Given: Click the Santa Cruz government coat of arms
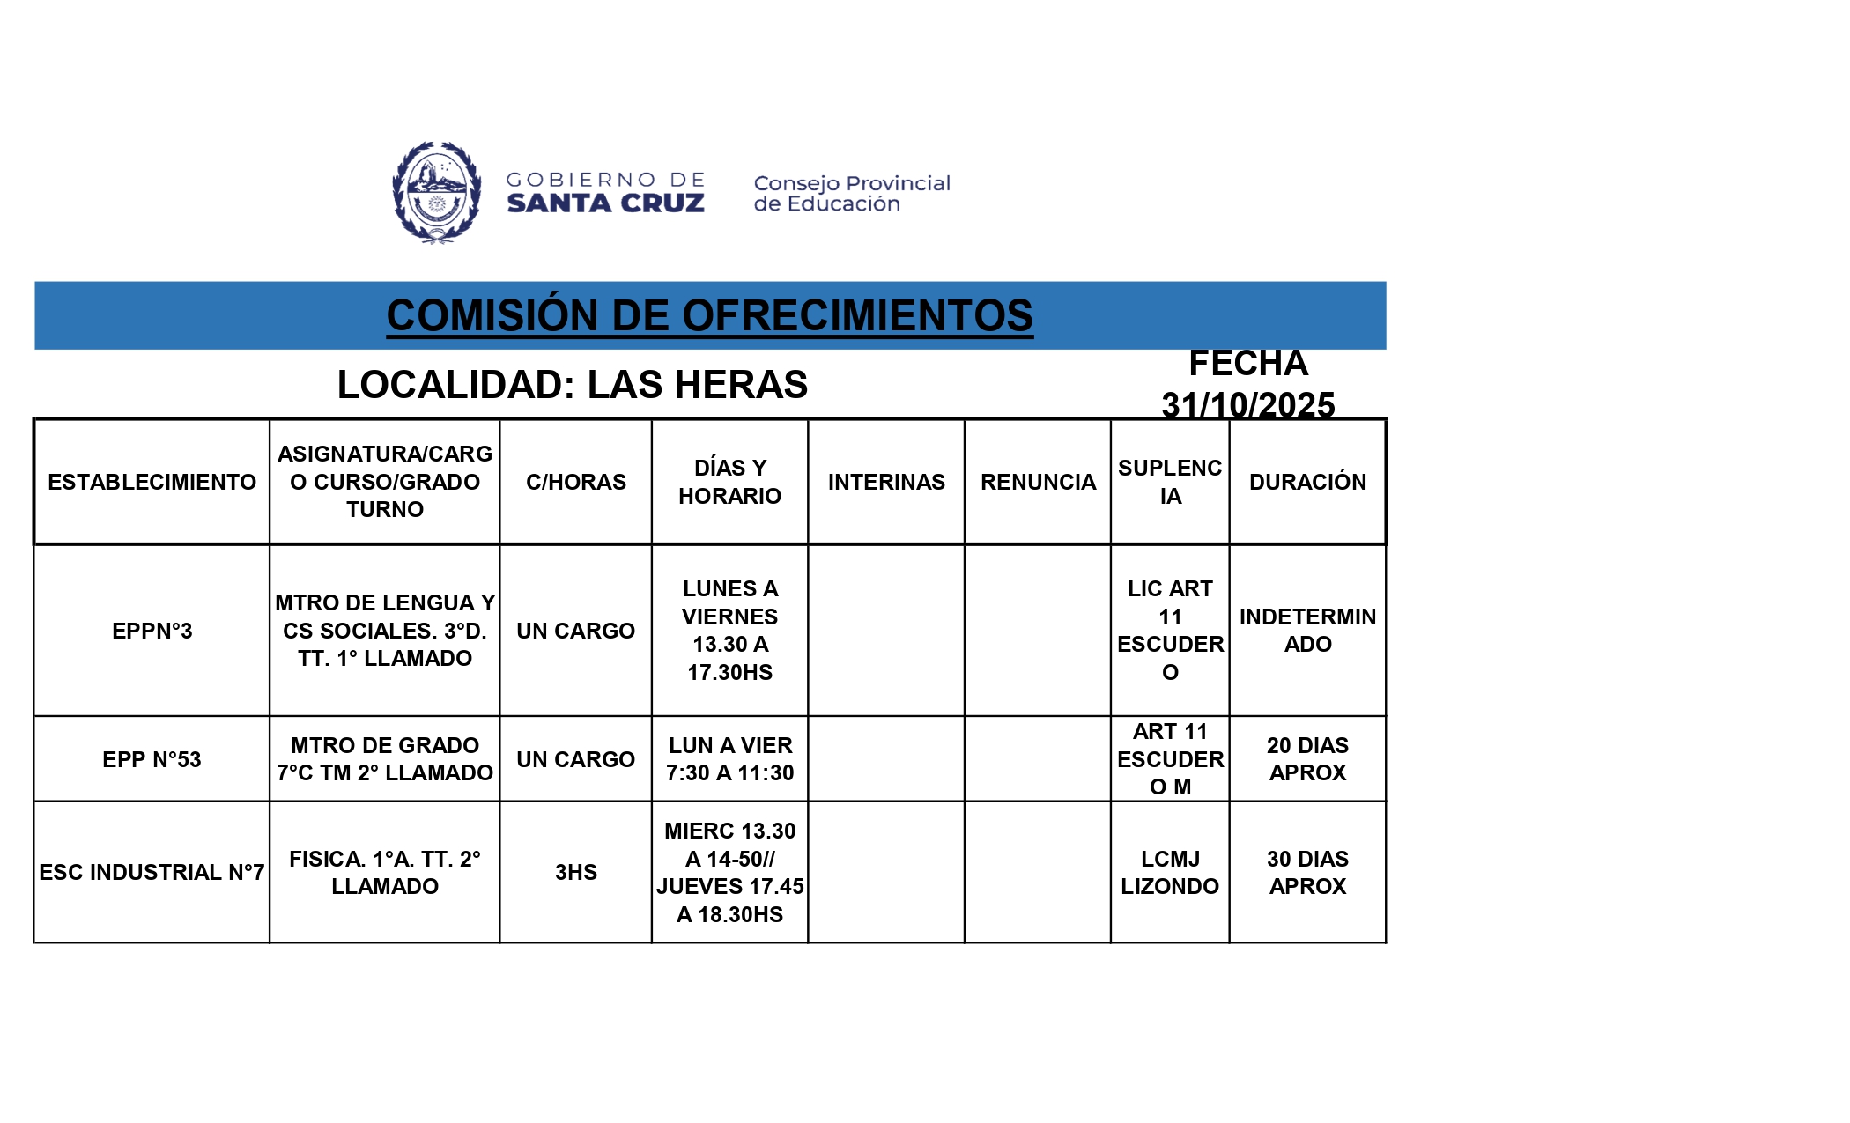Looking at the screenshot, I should pos(436,192).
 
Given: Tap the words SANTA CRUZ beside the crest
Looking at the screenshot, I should pos(605,203).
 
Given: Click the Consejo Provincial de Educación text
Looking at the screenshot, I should pos(851,194).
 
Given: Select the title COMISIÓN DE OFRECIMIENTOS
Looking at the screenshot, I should pos(709,315).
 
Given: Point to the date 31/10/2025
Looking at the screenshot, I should pos(1247,405).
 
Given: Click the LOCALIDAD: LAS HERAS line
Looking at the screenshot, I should pos(572,385).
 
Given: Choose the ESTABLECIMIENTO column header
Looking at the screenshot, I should pos(152,482).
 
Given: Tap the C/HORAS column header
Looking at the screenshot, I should pos(575,482).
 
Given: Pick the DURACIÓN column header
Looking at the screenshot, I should pos(1307,482).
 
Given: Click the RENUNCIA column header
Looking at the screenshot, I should pos(1038,482).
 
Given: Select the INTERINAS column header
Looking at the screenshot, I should pos(885,482).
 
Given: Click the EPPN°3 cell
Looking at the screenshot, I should pos(152,631).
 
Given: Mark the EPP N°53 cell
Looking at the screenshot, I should pos(152,759).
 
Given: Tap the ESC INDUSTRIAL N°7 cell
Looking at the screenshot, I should pos(152,872).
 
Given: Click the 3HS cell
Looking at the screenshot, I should pos(575,872).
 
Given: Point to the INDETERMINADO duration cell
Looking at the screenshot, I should pos(1307,631).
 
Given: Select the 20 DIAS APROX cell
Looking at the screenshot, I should pos(1307,759).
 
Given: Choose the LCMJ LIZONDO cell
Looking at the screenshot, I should pos(1170,872).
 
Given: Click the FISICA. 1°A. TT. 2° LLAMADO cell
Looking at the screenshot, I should pos(385,872).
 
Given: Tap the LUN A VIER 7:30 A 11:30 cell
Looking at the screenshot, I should pos(729,759).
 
